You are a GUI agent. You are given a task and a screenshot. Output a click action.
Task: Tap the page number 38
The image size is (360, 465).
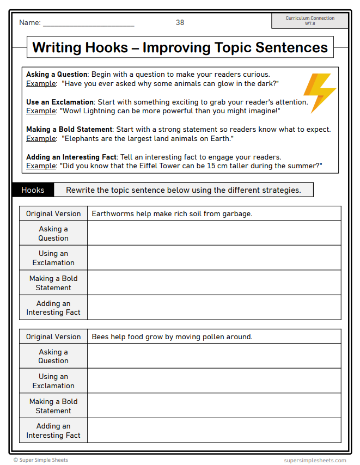point(180,22)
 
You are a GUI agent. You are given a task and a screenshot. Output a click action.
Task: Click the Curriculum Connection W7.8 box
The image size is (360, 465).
point(310,21)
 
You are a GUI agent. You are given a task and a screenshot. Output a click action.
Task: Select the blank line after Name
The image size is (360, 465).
point(88,23)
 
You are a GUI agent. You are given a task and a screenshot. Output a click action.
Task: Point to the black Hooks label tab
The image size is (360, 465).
point(33,190)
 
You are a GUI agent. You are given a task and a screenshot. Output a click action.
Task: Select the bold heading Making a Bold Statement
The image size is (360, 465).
point(69,130)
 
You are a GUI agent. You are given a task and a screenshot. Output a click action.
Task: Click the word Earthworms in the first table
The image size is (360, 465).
point(112,213)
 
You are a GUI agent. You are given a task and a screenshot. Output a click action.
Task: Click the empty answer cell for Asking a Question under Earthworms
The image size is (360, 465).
point(213,233)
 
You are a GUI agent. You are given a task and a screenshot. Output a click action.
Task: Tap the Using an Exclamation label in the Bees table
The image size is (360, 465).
point(53,381)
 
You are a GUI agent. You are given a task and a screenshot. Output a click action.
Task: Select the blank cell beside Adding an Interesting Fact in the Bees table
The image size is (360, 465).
point(213,430)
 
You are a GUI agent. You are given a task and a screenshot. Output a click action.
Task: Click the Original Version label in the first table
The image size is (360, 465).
point(53,213)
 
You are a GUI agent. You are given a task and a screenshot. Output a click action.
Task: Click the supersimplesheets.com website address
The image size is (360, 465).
point(315,460)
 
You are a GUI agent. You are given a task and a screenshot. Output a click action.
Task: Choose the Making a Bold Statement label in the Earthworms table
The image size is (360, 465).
point(53,283)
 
